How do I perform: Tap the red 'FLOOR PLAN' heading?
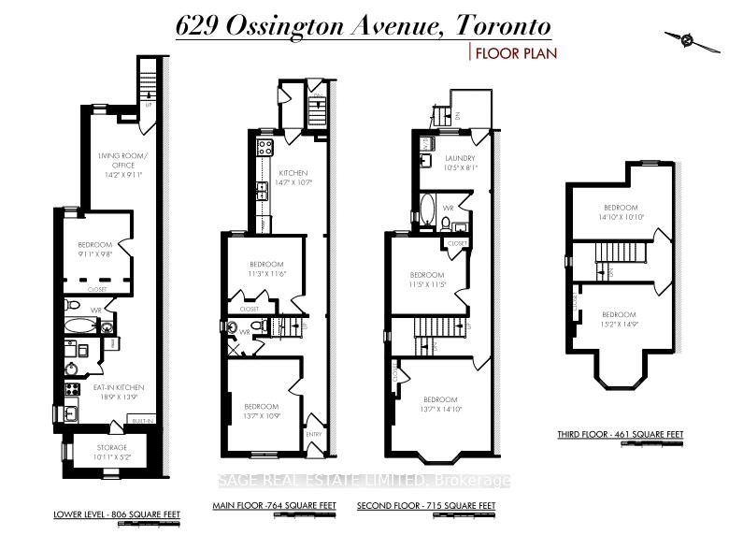pos(516,53)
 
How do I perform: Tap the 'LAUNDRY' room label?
pos(459,158)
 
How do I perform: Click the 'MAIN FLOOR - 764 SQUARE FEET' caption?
pos(274,506)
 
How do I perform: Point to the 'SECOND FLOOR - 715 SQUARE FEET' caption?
pos(425,506)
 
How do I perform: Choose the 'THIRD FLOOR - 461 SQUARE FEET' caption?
pos(634,434)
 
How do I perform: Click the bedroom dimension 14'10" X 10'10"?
pos(620,217)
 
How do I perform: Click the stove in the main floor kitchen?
pos(264,146)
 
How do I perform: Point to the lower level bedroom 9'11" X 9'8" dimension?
pos(94,253)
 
